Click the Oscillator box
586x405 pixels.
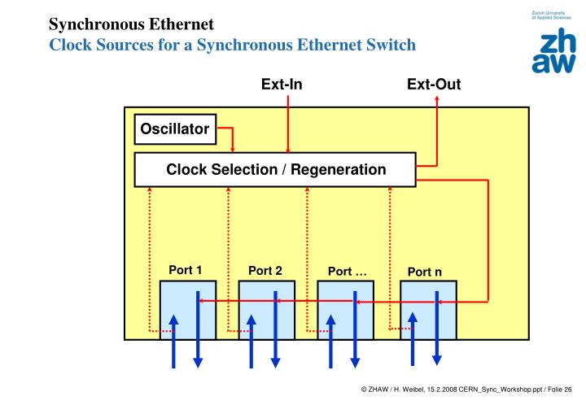(175, 128)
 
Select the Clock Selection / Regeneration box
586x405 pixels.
(275, 170)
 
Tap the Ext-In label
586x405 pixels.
(282, 84)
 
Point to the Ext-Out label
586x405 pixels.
(434, 84)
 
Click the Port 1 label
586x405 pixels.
(185, 270)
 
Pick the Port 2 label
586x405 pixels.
(265, 271)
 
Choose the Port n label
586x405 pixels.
(424, 272)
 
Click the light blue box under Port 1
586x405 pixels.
(187, 310)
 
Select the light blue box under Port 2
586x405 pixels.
(266, 310)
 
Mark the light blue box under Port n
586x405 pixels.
(428, 310)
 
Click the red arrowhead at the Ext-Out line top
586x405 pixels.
(437, 100)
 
